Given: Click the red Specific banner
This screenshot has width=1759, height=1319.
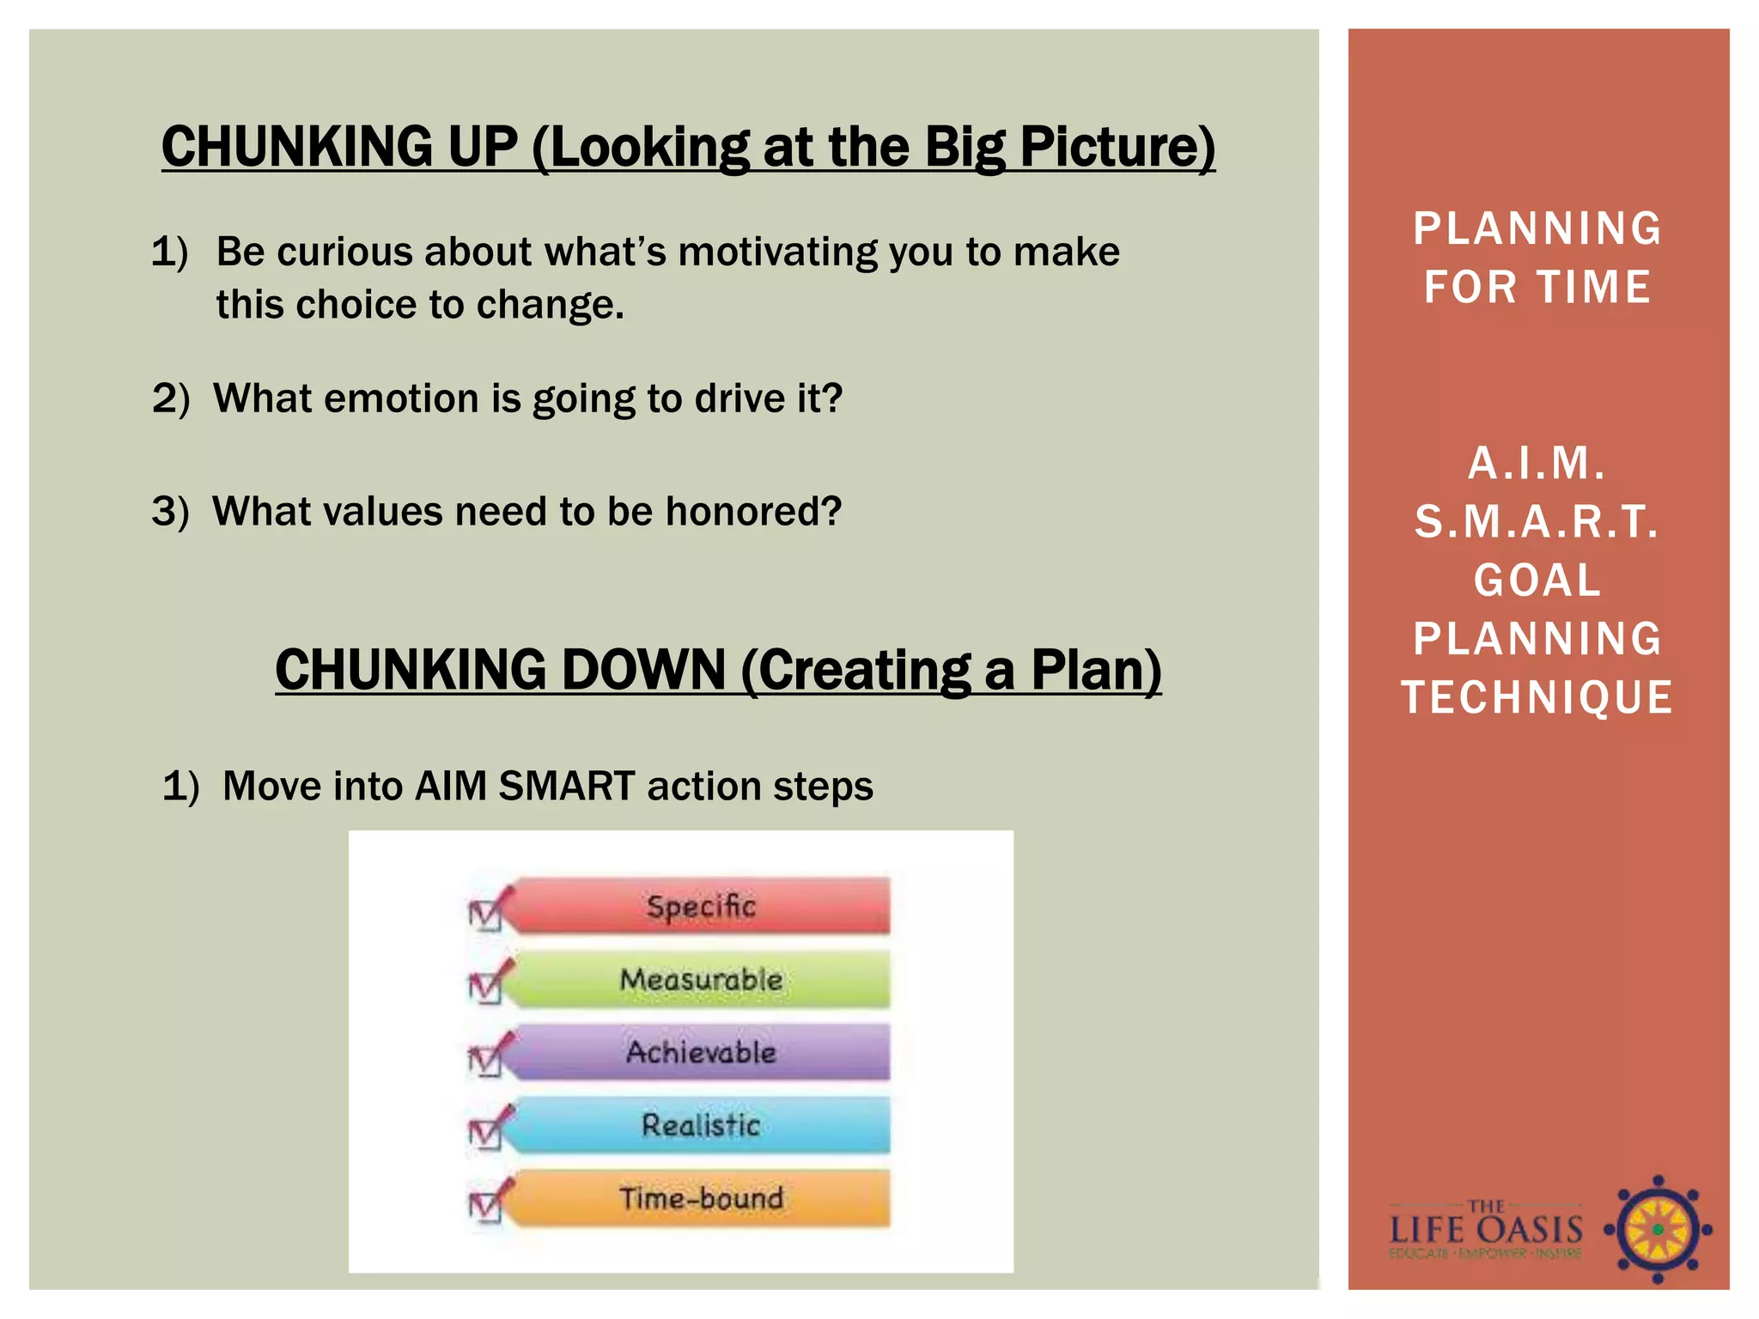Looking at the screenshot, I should click(x=701, y=906).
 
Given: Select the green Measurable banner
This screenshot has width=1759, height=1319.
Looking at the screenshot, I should click(x=701, y=979).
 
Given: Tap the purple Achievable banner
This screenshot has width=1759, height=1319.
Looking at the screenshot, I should click(x=701, y=1052).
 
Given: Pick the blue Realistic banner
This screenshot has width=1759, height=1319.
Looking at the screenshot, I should click(x=701, y=1125).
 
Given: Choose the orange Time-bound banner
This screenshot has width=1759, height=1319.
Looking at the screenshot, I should click(x=701, y=1198).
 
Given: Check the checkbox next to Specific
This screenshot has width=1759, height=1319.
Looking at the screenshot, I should click(x=486, y=914).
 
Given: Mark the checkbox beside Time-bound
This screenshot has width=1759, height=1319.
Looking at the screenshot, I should click(x=486, y=1206).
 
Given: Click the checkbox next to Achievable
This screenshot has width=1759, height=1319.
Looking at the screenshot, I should click(x=486, y=1060).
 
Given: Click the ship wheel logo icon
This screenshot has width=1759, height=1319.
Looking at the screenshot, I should click(x=1658, y=1230).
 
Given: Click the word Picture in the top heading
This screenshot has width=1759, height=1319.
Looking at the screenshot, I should click(x=1117, y=147).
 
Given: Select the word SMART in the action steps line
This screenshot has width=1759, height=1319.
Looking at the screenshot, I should click(x=566, y=786).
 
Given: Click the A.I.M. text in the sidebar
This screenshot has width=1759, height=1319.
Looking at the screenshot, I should click(x=1537, y=464).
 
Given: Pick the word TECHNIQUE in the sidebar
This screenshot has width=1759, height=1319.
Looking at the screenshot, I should click(x=1537, y=697).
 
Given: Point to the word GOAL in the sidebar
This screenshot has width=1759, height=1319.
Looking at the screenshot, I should click(x=1537, y=580).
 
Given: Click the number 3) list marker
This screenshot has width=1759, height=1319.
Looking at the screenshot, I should click(x=170, y=512).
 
